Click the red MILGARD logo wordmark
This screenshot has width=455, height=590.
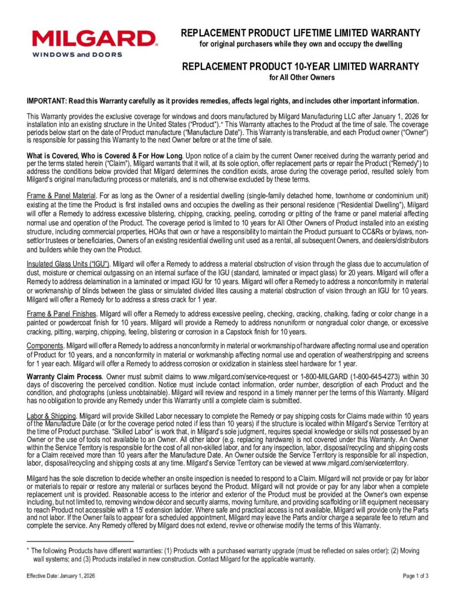[x=94, y=39]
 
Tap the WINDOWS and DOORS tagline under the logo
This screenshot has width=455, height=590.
[x=77, y=55]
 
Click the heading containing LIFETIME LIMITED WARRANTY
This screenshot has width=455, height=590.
[x=300, y=33]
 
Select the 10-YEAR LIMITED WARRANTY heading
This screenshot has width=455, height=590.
[x=300, y=66]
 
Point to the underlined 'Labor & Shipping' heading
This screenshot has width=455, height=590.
[x=52, y=415]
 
